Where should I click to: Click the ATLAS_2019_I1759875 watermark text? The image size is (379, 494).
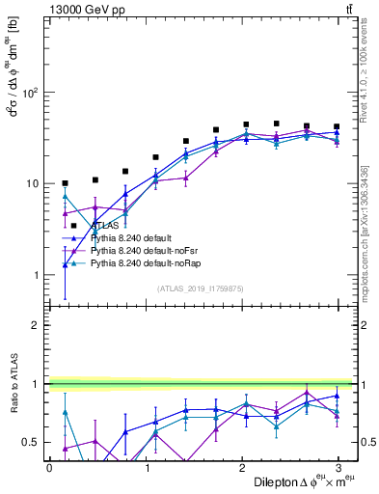pyautogui.click(x=201, y=288)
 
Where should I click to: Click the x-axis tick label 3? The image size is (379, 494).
pyautogui.click(x=338, y=466)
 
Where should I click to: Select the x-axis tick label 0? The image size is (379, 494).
pyautogui.click(x=49, y=466)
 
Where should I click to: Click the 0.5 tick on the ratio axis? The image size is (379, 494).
pyautogui.click(x=29, y=442)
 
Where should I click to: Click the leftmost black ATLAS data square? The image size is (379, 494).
pyautogui.click(x=65, y=183)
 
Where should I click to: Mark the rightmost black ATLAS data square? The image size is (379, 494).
pyautogui.click(x=336, y=126)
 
